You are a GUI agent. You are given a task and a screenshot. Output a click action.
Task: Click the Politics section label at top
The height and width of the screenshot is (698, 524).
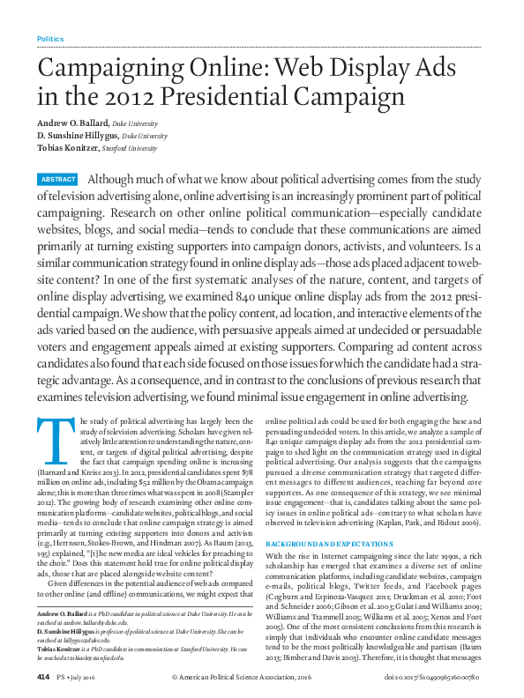pos(50,39)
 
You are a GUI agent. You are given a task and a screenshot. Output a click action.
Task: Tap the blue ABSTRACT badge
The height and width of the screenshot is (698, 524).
pos(57,180)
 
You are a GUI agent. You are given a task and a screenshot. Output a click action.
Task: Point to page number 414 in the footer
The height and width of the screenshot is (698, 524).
pos(42,676)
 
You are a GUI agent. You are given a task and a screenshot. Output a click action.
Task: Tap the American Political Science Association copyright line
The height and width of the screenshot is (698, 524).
pos(248,676)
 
